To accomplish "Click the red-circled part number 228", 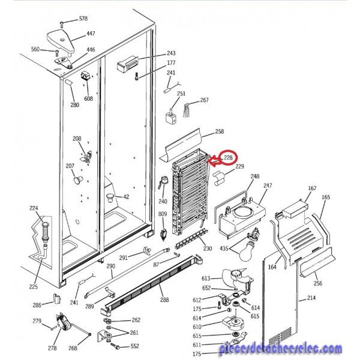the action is [x=228, y=158].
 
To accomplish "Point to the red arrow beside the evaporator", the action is [x=215, y=160].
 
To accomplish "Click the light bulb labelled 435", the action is [x=247, y=253].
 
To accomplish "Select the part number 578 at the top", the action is [x=83, y=19].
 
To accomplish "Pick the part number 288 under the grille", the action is [x=164, y=299].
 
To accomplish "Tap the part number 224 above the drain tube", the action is [x=34, y=208].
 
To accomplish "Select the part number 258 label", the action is [x=219, y=131].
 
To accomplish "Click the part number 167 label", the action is [x=312, y=188].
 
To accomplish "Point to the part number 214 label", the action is [x=311, y=298].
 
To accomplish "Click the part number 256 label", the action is [x=318, y=283].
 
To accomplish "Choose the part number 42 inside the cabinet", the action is [x=126, y=197].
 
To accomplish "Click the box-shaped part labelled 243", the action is [x=128, y=64].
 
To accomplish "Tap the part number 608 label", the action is [x=88, y=98].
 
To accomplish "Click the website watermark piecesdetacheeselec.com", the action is [x=281, y=349].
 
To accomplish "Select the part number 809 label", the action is [x=163, y=214].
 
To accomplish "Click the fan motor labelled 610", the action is [x=233, y=323].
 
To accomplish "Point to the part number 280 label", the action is [x=74, y=105].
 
